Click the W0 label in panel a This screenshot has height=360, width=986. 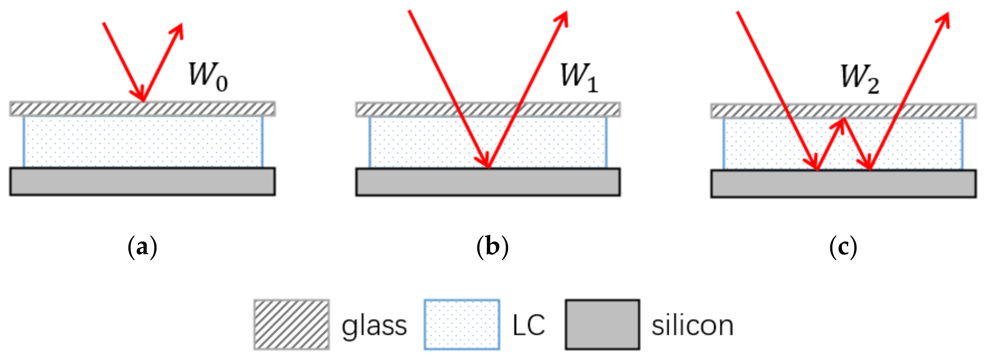tap(208, 77)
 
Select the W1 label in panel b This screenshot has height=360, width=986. tap(578, 78)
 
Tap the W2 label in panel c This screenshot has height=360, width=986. tap(859, 79)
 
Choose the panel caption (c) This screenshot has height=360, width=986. tap(843, 248)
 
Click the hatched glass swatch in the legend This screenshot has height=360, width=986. tap(291, 324)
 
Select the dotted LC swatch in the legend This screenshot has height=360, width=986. tap(462, 324)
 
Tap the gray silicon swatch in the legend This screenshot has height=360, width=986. tap(602, 324)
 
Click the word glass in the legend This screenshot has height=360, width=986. tap(374, 326)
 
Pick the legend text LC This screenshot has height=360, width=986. tap(528, 325)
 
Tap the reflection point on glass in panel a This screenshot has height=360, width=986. tap(143, 101)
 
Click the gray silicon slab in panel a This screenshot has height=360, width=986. tap(142, 182)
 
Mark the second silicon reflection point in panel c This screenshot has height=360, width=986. tap(869, 169)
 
